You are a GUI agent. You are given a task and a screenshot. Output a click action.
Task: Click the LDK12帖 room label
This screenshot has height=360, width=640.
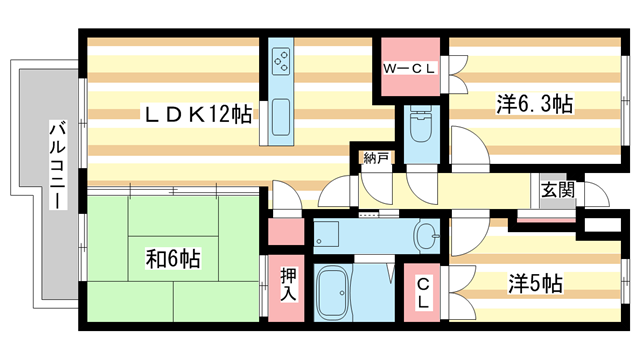tap(198, 113)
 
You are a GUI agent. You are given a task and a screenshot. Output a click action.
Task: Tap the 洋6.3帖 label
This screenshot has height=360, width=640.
tap(535, 104)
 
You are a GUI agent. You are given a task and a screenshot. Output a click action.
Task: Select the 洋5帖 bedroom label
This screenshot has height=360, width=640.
tap(535, 283)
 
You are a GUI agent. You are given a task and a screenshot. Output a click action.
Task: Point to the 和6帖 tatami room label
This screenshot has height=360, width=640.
tap(173, 258)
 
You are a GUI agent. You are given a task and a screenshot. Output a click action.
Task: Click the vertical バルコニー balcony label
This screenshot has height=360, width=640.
tap(58, 165)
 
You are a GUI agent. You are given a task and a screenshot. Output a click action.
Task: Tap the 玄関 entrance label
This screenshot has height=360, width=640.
tap(558, 190)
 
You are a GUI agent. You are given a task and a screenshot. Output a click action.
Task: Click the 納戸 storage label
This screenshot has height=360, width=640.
tap(376, 158)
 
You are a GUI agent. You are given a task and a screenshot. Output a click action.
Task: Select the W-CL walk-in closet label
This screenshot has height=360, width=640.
tap(409, 69)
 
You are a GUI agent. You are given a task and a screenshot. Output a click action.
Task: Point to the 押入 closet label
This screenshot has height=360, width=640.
tap(288, 285)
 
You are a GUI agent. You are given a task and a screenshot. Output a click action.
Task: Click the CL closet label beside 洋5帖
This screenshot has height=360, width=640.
tap(423, 292)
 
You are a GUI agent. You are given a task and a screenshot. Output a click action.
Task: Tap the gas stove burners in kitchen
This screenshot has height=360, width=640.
tap(281, 61)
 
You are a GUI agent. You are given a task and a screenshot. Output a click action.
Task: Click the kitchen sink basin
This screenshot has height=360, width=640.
tap(281, 117)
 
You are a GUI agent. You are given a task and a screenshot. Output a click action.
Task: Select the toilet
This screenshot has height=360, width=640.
tap(422, 124)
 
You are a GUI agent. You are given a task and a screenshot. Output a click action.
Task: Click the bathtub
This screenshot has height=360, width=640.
tap(333, 291)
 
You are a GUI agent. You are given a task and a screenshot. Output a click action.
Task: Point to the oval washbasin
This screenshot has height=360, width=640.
tap(425, 236)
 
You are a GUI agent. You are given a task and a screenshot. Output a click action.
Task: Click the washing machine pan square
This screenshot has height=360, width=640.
tap(326, 234)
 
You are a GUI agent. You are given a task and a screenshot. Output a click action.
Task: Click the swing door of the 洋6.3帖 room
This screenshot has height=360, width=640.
tap(469, 147)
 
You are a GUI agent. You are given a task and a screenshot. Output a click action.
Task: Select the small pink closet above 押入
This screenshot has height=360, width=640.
tap(286, 231)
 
